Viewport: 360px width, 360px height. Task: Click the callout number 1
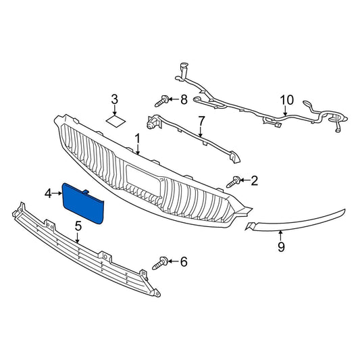click(x=137, y=138)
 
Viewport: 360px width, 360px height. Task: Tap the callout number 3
click(x=114, y=100)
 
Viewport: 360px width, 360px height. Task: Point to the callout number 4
click(x=48, y=194)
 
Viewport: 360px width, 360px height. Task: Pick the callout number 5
click(x=78, y=226)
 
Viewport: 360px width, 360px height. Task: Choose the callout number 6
click(x=183, y=261)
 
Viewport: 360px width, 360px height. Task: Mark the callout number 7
click(x=201, y=122)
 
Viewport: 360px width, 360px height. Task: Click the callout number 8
click(x=183, y=100)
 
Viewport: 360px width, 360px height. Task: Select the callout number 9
click(x=281, y=247)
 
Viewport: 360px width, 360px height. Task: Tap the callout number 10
click(x=287, y=100)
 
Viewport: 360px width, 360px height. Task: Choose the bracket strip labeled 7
click(x=196, y=138)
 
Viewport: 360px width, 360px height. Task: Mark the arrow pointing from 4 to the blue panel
click(x=57, y=194)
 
